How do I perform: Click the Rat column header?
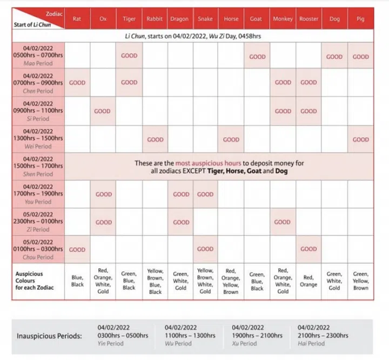point(77,19)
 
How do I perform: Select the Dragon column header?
point(179,19)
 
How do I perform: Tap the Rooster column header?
point(308,19)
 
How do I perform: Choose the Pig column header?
point(360,19)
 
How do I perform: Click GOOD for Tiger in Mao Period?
point(129,56)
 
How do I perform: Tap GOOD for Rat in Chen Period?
point(77,83)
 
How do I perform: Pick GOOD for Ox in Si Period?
point(103,111)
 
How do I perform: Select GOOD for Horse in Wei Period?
point(231,139)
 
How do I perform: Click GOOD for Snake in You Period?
point(205,194)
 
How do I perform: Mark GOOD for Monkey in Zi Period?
point(283,222)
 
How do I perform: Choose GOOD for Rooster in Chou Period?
point(308,249)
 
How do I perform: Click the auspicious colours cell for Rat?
point(77,281)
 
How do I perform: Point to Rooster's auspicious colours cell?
point(308,281)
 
